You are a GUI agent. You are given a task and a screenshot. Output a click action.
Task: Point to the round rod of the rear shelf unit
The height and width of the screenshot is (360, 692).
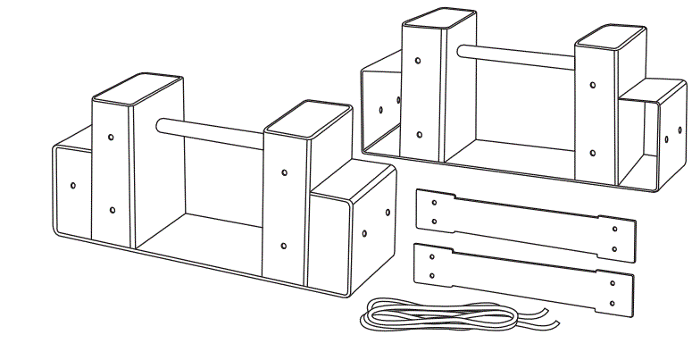point(518,55)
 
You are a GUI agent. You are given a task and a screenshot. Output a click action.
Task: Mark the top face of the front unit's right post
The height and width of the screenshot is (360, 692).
point(308,119)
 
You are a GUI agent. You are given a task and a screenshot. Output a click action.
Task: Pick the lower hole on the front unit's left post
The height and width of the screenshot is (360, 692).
point(113,210)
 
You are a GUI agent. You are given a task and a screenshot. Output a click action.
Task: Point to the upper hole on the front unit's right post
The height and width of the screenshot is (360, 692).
point(284,172)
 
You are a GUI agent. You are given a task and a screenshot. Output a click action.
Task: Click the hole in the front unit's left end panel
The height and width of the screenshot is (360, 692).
point(73,186)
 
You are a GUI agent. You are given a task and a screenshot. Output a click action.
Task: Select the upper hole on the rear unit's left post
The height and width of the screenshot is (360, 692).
point(419,62)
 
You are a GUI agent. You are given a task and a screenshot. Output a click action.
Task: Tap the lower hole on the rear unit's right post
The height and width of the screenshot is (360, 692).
point(594,152)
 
